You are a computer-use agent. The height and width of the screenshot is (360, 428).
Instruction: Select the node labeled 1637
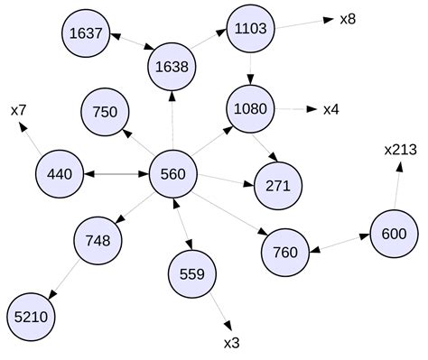(x=89, y=34)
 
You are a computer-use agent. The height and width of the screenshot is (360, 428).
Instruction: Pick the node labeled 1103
(x=249, y=29)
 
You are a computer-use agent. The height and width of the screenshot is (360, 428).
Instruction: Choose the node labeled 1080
(x=249, y=109)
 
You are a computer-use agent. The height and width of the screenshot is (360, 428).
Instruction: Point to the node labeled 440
(x=60, y=173)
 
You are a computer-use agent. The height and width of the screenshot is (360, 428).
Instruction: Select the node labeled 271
(x=277, y=186)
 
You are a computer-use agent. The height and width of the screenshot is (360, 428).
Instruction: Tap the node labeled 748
(x=98, y=240)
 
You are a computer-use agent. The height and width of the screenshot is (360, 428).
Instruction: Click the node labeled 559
(x=192, y=273)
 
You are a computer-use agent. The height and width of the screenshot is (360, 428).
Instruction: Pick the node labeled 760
(x=285, y=251)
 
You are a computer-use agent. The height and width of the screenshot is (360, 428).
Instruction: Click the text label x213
(x=400, y=149)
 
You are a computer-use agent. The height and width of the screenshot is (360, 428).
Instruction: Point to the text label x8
(x=347, y=18)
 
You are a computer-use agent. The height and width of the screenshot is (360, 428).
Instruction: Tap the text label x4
(x=331, y=110)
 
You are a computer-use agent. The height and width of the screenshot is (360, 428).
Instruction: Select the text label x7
(x=18, y=110)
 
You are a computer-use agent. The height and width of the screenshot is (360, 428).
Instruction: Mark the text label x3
(x=231, y=342)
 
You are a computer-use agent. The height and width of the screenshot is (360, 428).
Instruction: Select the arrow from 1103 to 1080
(x=249, y=69)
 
